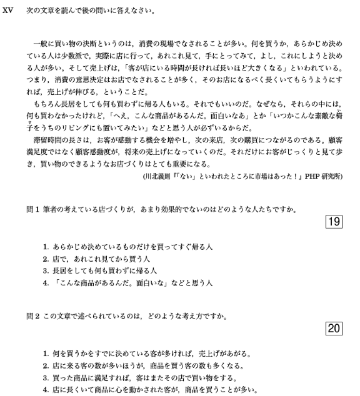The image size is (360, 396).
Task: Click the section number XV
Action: (x=8, y=11)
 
